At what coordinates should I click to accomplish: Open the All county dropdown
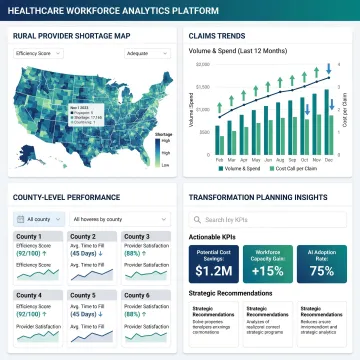[x=38, y=218]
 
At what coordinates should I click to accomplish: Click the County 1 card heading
[x=28, y=237]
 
